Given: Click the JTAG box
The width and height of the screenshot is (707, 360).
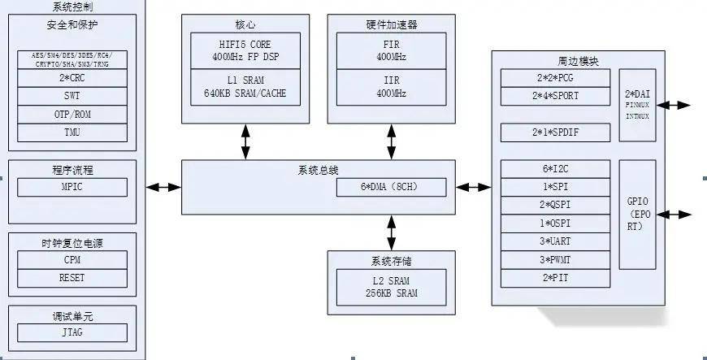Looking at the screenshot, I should tap(72, 332).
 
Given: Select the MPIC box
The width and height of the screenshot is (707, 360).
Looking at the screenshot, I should tap(72, 187).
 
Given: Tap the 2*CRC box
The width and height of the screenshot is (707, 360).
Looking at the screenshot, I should tap(72, 78).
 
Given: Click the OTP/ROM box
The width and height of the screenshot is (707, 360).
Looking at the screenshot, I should tap(72, 115).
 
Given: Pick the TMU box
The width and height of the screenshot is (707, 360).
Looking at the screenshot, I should tap(72, 132).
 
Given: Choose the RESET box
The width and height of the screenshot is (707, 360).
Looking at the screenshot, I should tap(72, 277).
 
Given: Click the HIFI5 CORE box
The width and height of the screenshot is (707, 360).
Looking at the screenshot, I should tap(245, 51).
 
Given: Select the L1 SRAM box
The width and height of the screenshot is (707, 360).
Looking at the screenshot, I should tap(245, 87).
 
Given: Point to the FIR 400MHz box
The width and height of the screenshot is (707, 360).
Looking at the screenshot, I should tap(391, 51).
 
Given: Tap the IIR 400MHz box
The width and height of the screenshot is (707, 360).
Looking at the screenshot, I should tap(391, 87).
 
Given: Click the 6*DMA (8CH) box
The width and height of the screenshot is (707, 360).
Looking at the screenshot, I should tap(392, 187).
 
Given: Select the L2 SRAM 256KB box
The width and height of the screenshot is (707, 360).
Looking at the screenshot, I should tap(391, 287).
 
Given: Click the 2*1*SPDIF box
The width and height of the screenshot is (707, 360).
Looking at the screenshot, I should tap(554, 132).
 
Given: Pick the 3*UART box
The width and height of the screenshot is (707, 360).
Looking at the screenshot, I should tap(554, 241).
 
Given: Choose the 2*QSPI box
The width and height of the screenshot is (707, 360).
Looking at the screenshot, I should tap(554, 205).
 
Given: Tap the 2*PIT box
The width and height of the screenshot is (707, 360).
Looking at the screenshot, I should tap(554, 278).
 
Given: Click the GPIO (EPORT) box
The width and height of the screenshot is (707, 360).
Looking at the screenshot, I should tap(636, 215).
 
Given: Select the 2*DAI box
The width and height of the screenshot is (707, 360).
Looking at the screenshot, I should tap(636, 105).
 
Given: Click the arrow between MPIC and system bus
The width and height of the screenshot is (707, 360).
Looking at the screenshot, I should tap(163, 187).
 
